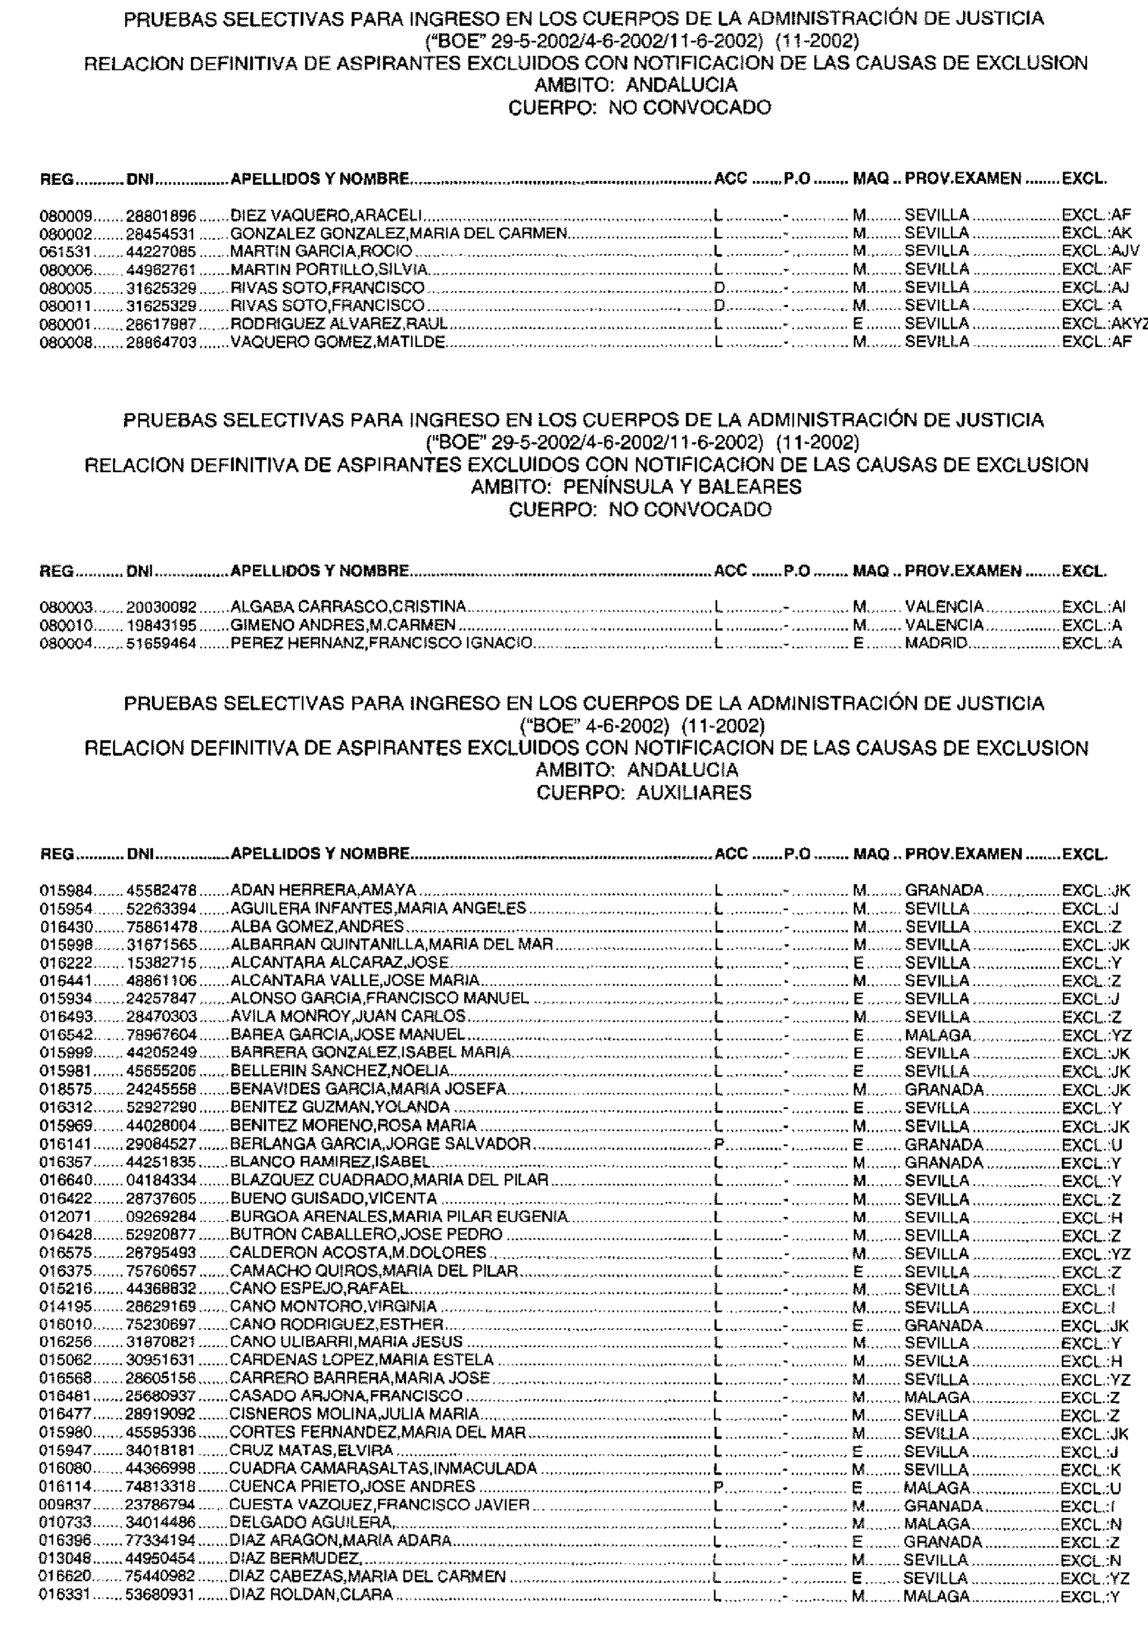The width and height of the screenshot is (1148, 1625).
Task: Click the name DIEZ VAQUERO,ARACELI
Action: [x=327, y=215]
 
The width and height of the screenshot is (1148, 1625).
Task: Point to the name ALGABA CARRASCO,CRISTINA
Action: [x=349, y=607]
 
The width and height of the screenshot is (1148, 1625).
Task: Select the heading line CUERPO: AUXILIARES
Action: [x=643, y=793]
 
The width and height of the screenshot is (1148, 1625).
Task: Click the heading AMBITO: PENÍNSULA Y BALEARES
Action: [x=637, y=487]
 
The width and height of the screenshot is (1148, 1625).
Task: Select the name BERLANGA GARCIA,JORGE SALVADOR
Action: [x=381, y=1145]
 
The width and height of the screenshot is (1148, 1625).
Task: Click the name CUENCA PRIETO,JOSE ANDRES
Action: [x=352, y=1486]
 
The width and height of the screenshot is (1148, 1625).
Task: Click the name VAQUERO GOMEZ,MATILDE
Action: [x=338, y=343]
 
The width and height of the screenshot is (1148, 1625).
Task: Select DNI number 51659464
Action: [x=161, y=643]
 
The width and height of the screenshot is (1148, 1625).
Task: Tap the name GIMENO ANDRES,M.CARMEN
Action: [x=343, y=625]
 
